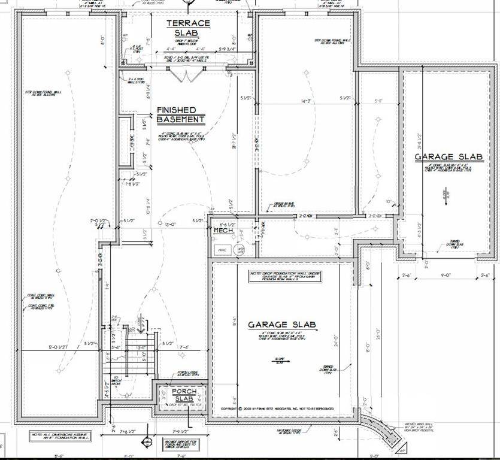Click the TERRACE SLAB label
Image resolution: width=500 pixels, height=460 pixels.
click(188, 28)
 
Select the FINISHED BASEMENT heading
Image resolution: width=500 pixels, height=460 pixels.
click(180, 115)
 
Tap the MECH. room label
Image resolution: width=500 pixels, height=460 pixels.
click(223, 230)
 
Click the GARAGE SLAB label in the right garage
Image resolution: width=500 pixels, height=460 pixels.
click(449, 157)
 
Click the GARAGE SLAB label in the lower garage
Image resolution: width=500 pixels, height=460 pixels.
click(282, 325)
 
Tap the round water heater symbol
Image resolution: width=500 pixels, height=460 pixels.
click(240, 250)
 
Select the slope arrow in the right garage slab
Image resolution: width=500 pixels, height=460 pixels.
click(446, 198)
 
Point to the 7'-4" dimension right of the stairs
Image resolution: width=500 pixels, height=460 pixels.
click(183, 347)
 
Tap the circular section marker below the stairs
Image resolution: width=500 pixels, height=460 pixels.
click(146, 443)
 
